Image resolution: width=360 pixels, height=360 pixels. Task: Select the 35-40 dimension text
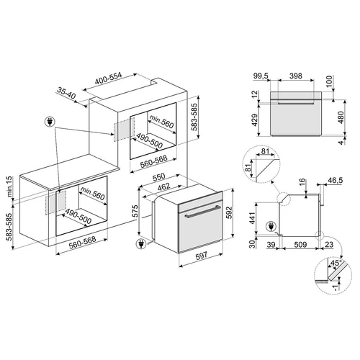point(66,96)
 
